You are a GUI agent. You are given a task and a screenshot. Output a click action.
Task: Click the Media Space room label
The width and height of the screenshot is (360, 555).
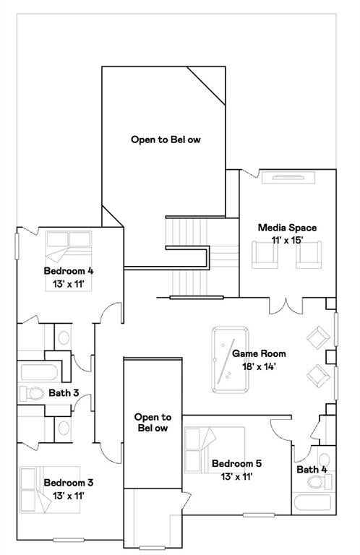click(287, 228)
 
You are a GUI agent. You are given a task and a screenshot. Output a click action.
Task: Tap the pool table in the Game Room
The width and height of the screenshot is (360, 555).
click(230, 360)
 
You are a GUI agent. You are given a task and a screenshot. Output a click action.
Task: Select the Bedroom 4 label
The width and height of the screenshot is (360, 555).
click(69, 271)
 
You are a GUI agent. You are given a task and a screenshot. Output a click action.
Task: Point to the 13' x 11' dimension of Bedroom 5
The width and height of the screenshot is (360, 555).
click(236, 477)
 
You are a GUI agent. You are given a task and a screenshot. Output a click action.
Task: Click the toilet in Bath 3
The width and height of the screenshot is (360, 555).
click(31, 393)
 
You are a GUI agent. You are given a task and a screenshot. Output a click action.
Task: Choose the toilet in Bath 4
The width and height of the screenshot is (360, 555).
click(320, 481)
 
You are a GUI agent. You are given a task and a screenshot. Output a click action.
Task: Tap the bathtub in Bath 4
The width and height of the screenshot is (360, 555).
click(312, 503)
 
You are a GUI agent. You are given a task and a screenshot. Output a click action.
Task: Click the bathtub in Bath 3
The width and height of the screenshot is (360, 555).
click(39, 371)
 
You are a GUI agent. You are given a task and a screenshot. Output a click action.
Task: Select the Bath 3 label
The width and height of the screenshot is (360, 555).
click(64, 392)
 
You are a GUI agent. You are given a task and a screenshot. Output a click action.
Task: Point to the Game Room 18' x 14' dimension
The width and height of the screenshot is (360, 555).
click(259, 366)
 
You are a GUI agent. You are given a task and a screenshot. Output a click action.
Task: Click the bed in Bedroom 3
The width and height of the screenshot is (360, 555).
click(50, 489)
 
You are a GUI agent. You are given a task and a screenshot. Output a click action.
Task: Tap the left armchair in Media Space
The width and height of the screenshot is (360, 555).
click(265, 255)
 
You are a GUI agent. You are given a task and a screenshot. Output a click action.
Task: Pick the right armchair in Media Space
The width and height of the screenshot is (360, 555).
click(309, 255)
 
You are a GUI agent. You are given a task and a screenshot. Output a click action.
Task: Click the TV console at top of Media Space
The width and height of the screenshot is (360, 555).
click(288, 177)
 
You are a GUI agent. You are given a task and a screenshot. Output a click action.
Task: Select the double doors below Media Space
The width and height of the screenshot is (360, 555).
click(286, 306)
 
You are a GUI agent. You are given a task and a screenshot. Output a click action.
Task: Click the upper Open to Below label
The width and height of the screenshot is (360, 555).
click(166, 139)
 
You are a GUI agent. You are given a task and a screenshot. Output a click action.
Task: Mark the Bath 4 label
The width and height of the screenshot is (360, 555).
click(312, 469)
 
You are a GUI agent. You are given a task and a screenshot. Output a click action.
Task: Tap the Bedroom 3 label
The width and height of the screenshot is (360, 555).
click(69, 483)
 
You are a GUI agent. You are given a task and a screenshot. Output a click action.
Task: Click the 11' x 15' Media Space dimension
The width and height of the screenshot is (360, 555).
click(287, 240)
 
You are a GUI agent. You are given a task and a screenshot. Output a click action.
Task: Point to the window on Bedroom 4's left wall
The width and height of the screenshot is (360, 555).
click(17, 246)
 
